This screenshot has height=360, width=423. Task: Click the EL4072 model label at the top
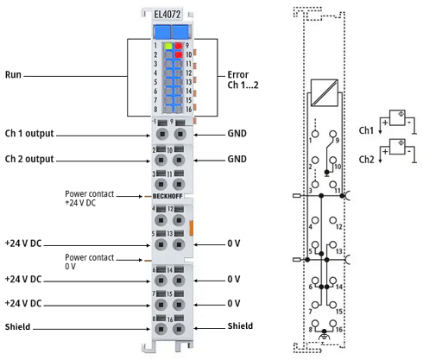pyautogui.click(x=167, y=14)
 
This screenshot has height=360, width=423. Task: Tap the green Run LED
pyautogui.click(x=168, y=46)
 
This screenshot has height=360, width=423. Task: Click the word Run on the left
pyautogui.click(x=13, y=74)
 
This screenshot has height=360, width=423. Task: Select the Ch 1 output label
pyautogui.click(x=29, y=134)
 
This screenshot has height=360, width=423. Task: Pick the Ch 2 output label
pyautogui.click(x=29, y=159)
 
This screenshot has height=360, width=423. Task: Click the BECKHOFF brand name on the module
pyautogui.click(x=167, y=196)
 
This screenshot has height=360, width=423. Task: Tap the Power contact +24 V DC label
pyautogui.click(x=90, y=199)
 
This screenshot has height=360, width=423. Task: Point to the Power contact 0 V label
pyautogui.click(x=90, y=262)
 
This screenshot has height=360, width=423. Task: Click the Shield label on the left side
pyautogui.click(x=17, y=327)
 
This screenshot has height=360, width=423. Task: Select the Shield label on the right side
pyautogui.click(x=240, y=326)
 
